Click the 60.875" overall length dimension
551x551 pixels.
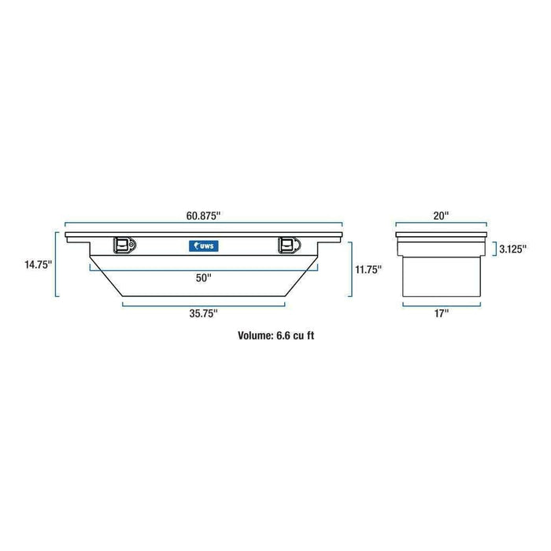click(205, 215)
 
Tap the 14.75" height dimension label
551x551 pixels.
click(38, 265)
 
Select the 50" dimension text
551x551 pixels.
click(205, 277)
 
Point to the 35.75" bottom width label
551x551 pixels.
click(204, 313)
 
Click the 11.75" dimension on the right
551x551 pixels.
click(368, 269)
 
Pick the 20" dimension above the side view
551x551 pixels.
click(440, 215)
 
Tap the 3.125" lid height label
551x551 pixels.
click(510, 250)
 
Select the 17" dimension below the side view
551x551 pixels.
click(441, 313)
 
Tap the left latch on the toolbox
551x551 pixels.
click(124, 246)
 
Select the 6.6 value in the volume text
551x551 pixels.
click(285, 335)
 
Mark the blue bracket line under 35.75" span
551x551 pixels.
click(204, 303)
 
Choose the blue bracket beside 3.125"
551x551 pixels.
click(493, 250)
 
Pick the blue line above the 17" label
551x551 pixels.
click(441, 304)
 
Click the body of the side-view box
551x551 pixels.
click(441, 275)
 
